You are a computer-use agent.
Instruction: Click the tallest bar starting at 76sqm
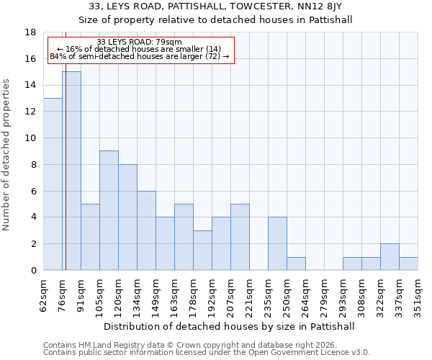click(71, 171)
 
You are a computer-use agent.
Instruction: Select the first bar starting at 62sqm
click(53, 184)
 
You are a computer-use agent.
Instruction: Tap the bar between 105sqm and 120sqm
click(109, 210)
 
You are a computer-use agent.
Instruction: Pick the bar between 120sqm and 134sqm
click(127, 217)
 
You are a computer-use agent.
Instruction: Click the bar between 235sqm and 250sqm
click(277, 243)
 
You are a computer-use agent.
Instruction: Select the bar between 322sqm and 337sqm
click(390, 257)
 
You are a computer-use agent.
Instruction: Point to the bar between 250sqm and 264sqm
click(296, 264)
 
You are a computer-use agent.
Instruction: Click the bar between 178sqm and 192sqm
click(202, 250)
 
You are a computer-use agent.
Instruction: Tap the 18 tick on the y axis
click(31, 32)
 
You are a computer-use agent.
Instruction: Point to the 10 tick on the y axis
click(31, 138)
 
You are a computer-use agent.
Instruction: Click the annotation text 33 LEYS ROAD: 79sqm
click(139, 42)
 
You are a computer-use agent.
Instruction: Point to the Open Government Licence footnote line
click(206, 353)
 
